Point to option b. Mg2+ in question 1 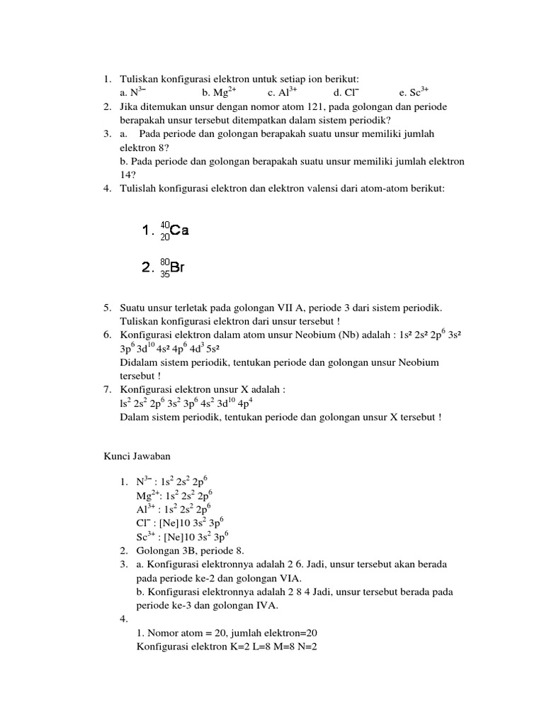point(219,92)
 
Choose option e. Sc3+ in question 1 point(414,92)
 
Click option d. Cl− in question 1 point(346,92)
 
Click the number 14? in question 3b point(128,174)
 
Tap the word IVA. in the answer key point(265,605)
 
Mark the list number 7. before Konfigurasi point(108,390)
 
